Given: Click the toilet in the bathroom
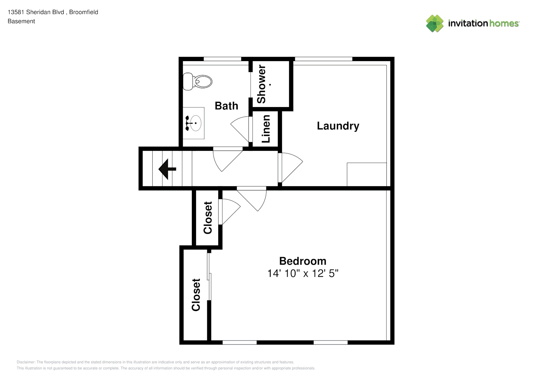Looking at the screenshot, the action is (197, 82).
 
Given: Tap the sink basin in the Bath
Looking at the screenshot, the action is (196, 123).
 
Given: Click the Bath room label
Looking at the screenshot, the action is (226, 106).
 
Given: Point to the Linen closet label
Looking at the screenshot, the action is (266, 129).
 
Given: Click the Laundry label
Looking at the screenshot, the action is (338, 126).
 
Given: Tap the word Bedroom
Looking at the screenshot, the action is (303, 261).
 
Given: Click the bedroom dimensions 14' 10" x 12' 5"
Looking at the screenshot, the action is (303, 273).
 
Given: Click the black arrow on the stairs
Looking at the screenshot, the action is (167, 169).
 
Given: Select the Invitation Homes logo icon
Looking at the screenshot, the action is (435, 23).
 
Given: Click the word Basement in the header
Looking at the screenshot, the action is (21, 21).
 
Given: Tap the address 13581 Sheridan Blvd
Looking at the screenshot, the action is (36, 12).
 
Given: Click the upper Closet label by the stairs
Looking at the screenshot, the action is (208, 218).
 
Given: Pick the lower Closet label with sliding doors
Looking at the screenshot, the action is (196, 295).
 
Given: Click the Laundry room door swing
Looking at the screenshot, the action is (291, 167).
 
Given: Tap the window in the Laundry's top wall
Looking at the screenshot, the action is (323, 59).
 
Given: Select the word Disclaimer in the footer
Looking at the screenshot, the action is (26, 362).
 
